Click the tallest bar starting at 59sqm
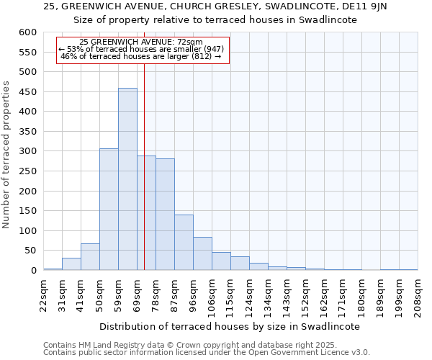click(127, 179)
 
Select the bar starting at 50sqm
click(109, 210)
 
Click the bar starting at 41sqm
click(90, 257)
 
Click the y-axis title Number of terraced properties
click(6, 155)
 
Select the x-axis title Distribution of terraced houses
click(229, 326)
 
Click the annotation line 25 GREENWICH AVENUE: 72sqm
click(141, 42)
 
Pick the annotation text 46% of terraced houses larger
click(141, 56)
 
